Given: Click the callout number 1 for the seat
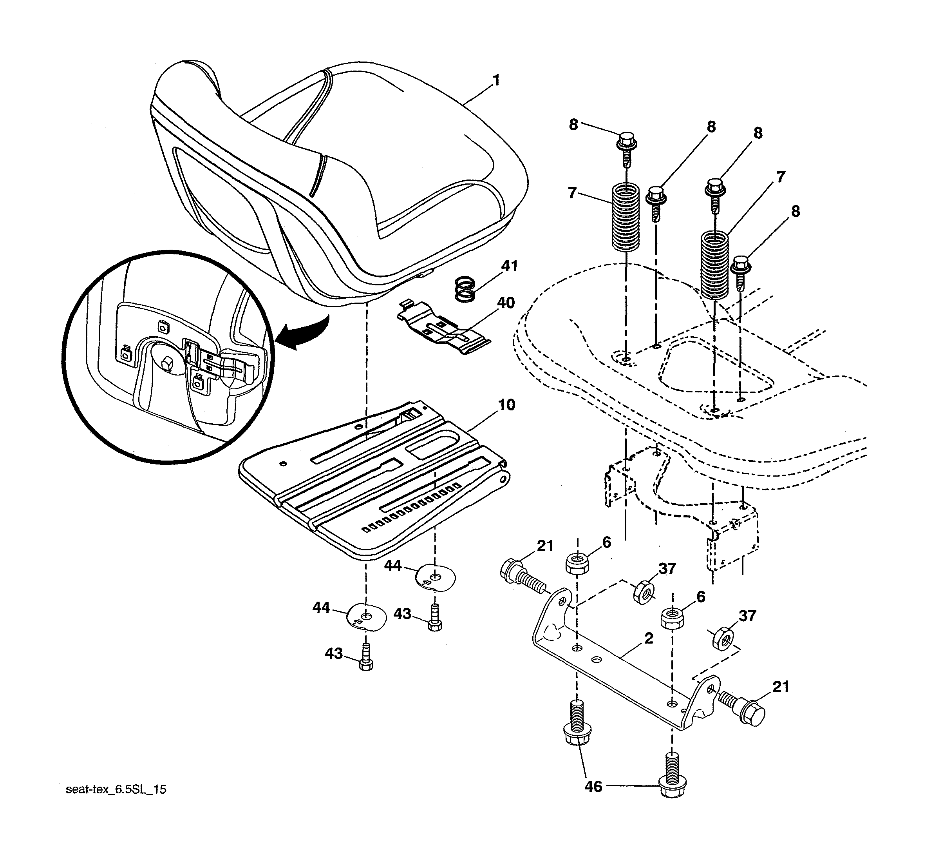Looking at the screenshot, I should point(496,80).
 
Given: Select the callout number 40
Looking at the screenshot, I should point(506,303).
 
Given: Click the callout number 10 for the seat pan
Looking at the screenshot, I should point(506,405).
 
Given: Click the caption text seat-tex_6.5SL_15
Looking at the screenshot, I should point(116,790).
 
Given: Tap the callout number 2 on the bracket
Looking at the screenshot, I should point(649,639).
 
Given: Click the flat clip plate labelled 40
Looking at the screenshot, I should point(443,329).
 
